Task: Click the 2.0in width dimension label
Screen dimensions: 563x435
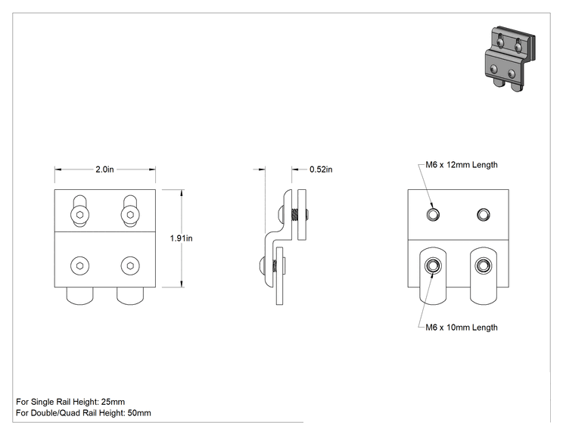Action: (x=104, y=169)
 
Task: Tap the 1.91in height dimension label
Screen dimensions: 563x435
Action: (x=181, y=238)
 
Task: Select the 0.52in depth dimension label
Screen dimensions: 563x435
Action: (x=321, y=169)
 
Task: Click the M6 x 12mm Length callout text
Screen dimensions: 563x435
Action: (x=462, y=165)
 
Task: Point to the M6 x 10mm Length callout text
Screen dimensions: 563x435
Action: (x=462, y=328)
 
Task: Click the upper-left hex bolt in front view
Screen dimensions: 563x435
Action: (x=79, y=215)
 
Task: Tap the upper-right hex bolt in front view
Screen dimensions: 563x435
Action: (x=130, y=215)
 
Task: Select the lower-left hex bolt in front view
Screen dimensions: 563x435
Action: (x=79, y=266)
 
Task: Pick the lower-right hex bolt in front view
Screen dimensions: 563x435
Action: (x=130, y=266)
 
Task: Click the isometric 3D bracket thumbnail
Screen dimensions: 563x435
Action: (x=510, y=58)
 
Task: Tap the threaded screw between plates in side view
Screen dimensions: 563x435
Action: (x=295, y=215)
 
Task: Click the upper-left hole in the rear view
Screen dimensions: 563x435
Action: (x=433, y=215)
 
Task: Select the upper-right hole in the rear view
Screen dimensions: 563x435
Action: (x=484, y=215)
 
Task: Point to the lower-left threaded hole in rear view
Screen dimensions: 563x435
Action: (x=433, y=266)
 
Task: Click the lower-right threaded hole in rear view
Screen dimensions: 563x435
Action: (x=484, y=266)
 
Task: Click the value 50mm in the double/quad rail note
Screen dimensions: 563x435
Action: (x=139, y=413)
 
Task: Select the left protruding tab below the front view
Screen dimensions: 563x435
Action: (x=79, y=296)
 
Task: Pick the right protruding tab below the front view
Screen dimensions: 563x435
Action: (x=130, y=296)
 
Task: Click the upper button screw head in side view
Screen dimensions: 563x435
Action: (x=281, y=215)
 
